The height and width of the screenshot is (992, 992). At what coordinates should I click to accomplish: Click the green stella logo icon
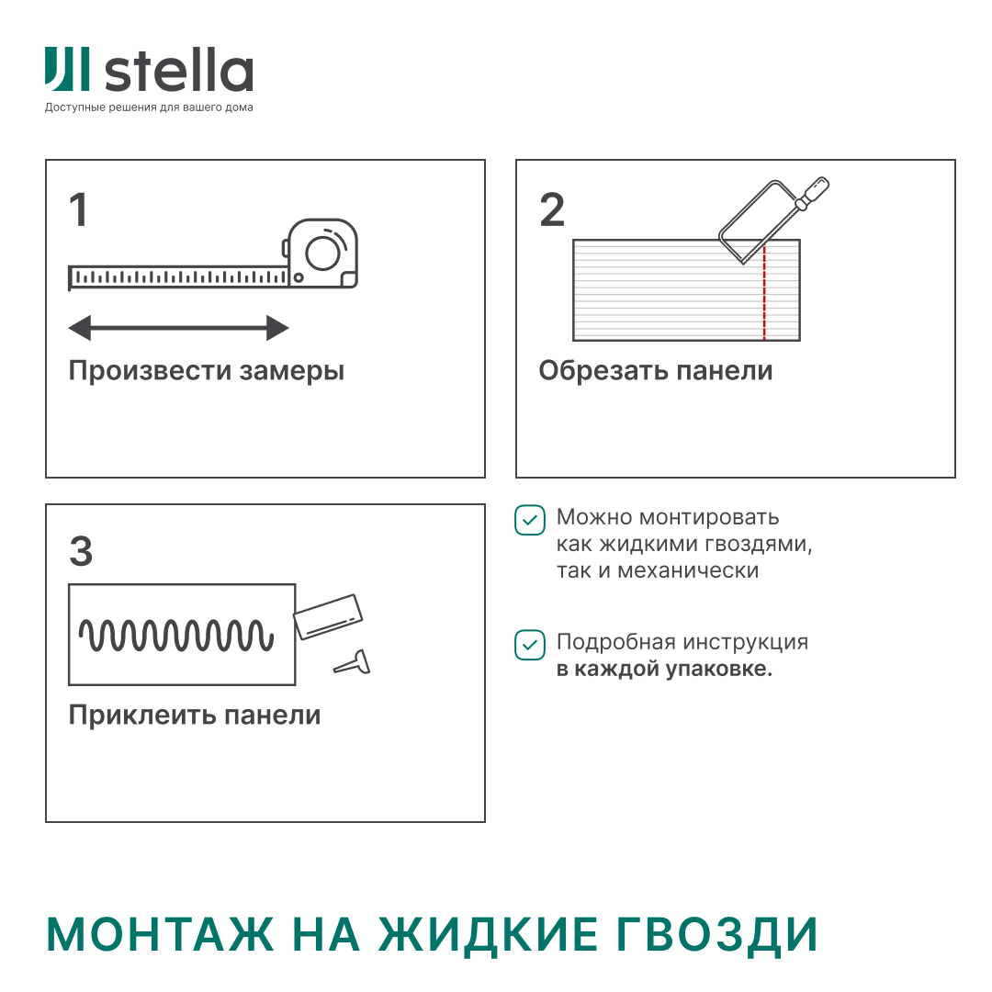pyautogui.click(x=67, y=70)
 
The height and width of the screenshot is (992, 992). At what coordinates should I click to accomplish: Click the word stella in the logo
pyautogui.click(x=179, y=73)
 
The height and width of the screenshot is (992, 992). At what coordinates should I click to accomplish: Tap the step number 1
pyautogui.click(x=79, y=210)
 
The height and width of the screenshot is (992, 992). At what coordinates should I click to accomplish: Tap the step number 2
pyautogui.click(x=552, y=210)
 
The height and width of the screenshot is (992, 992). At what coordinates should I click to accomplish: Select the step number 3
pyautogui.click(x=81, y=552)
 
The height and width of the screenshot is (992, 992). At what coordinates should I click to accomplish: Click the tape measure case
pyautogui.click(x=322, y=254)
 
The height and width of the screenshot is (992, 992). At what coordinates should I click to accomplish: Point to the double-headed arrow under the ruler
pyautogui.click(x=179, y=328)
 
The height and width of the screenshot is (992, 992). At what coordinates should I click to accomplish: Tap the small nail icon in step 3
pyautogui.click(x=354, y=661)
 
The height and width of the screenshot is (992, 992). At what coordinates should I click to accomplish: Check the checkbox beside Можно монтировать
pyautogui.click(x=529, y=520)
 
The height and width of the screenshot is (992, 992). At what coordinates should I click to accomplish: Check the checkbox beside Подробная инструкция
pyautogui.click(x=529, y=645)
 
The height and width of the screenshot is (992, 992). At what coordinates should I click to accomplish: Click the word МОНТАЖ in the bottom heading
pyautogui.click(x=161, y=935)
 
